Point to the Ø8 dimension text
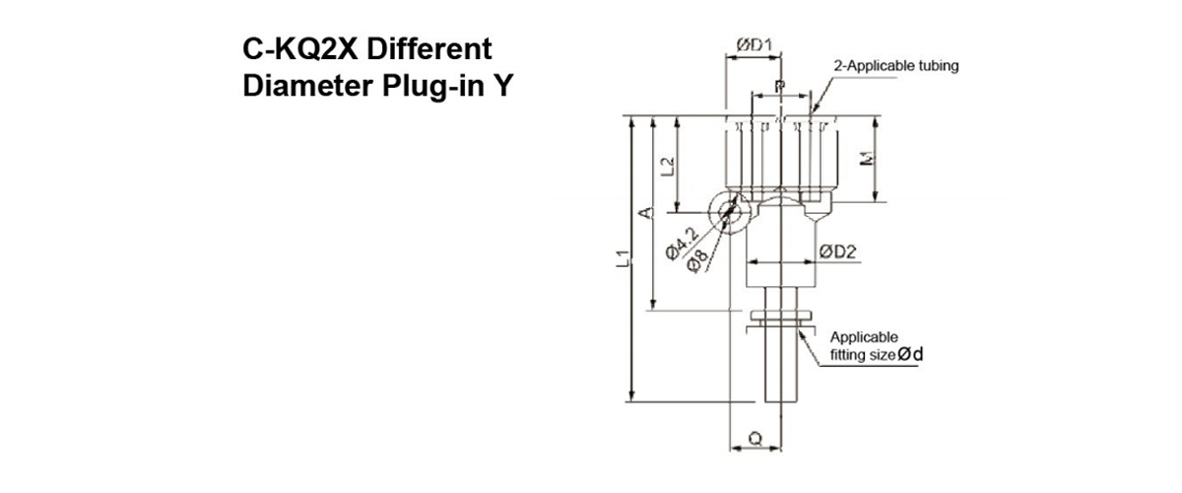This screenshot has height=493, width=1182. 698,259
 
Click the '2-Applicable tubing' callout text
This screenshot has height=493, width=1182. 895,66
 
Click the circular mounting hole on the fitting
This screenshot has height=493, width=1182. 728,210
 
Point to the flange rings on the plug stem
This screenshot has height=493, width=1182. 779,317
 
